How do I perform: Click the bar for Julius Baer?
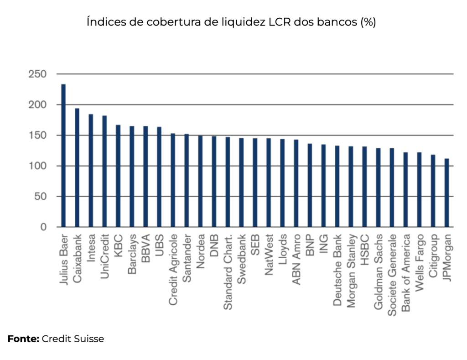pos(63,156)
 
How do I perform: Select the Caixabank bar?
pos(77,167)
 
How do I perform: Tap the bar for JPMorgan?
pos(446,193)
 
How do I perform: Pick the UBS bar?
pos(159,177)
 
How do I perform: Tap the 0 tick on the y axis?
pos(44,227)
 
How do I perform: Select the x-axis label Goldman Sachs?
pos(378,273)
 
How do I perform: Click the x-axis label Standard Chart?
pos(228,272)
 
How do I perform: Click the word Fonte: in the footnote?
pos(23,339)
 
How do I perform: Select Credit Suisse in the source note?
pos(73,339)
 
